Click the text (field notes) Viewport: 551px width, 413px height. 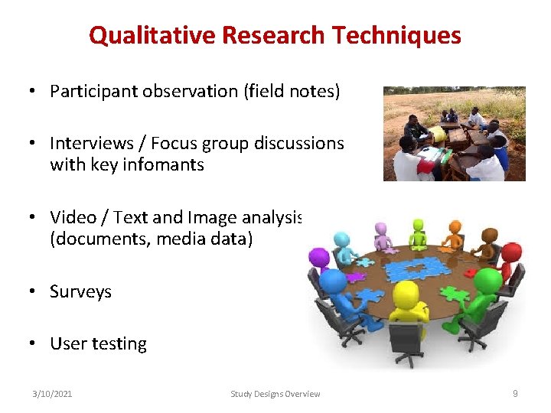(x=292, y=91)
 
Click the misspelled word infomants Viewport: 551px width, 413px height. (x=165, y=164)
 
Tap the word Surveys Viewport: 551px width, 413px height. (x=80, y=291)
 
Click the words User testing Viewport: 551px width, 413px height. (x=98, y=343)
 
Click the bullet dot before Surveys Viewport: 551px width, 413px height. (x=34, y=291)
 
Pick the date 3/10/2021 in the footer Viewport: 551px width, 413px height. (x=52, y=394)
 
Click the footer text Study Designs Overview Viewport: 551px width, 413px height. (x=275, y=394)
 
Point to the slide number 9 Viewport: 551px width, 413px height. (x=515, y=393)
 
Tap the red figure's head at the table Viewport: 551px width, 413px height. (x=510, y=250)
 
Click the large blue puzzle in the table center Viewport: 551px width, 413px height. (x=418, y=268)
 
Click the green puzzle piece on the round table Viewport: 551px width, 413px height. (x=455, y=293)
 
